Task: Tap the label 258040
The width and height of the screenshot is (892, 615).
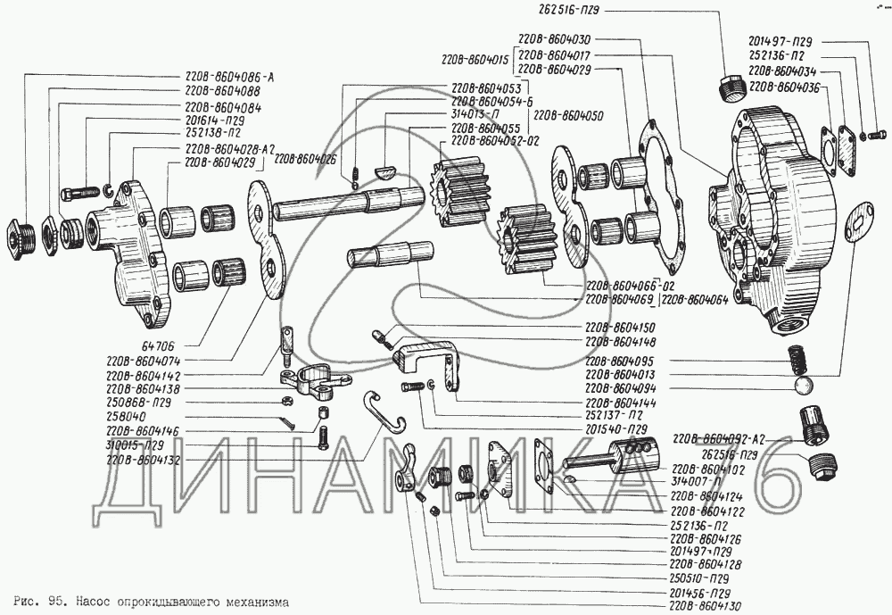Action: point(124,417)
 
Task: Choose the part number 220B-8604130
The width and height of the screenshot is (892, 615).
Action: point(710,605)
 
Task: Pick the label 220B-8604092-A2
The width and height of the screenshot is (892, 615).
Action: point(715,439)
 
